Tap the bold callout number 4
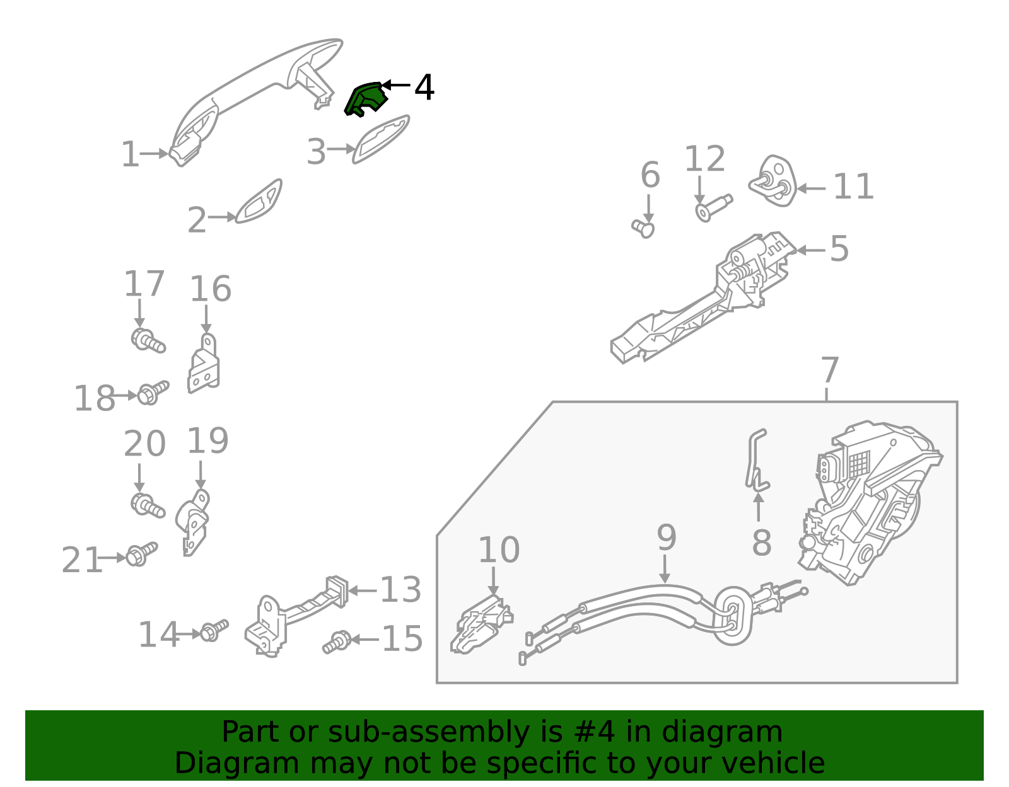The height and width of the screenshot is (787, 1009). (424, 88)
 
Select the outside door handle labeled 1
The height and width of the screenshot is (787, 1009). (252, 95)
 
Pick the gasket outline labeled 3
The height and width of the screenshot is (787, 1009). (381, 139)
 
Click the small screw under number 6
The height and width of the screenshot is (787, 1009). (644, 228)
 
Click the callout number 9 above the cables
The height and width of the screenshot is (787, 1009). (666, 537)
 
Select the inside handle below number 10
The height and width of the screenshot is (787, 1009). (482, 627)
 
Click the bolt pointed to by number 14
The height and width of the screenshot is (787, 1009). (213, 631)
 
